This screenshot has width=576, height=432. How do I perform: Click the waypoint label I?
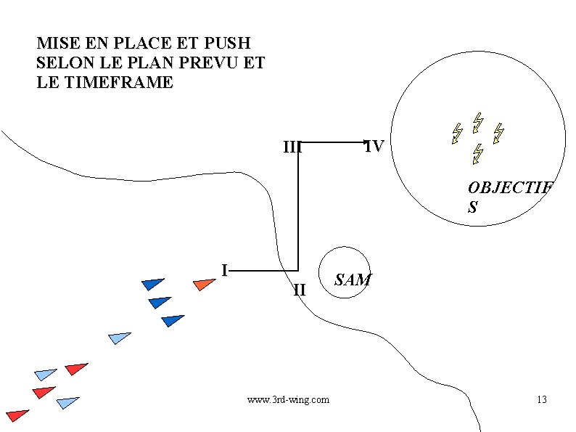[226, 270]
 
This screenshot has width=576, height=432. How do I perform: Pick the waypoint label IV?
[375, 147]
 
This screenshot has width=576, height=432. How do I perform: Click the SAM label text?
[353, 280]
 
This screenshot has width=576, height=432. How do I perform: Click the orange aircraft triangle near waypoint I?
[203, 284]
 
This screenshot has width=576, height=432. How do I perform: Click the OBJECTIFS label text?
[509, 197]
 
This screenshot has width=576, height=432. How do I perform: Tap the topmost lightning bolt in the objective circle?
[477, 121]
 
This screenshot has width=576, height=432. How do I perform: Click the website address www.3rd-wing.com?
[288, 399]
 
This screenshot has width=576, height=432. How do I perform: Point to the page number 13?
[541, 399]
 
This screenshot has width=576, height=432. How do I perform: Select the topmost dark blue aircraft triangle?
[152, 284]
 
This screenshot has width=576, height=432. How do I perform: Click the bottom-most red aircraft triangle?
[17, 415]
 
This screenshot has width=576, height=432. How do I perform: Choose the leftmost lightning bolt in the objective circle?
[457, 133]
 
